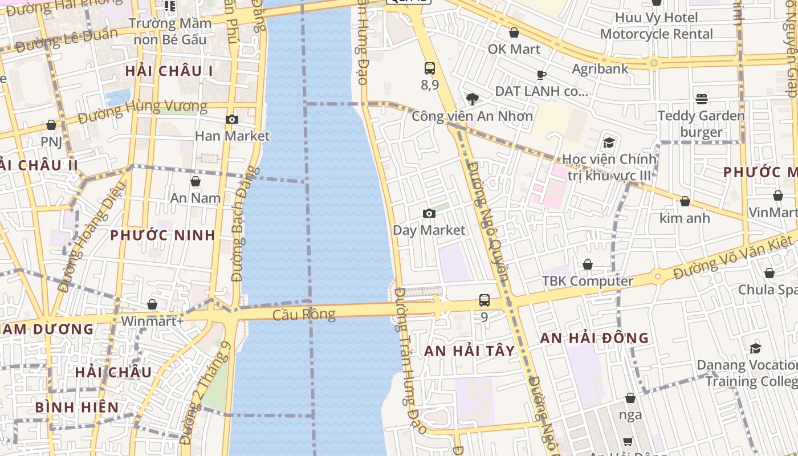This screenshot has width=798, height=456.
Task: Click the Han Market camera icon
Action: tap(231, 119)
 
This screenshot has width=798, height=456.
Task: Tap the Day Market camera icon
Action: tap(429, 214)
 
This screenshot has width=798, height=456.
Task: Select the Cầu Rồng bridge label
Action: tap(303, 315)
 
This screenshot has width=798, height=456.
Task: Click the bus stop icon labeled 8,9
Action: tap(430, 68)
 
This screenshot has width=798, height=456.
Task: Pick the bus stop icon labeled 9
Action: tap(484, 300)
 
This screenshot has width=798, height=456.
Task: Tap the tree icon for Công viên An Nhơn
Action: tap(472, 99)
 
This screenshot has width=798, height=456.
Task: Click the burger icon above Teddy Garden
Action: tap(702, 99)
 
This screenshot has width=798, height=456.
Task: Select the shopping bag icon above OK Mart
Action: tap(514, 32)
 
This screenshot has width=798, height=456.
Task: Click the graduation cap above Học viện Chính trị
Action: tap(609, 142)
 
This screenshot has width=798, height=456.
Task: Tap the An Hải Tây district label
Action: tap(470, 351)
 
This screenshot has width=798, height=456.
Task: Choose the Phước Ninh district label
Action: tap(162, 235)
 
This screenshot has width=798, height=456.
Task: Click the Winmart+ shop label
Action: tap(152, 321)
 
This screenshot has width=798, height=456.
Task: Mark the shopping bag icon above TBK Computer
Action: tap(587, 264)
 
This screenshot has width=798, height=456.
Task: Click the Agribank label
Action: tap(600, 69)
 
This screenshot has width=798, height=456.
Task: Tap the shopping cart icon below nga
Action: tap(628, 441)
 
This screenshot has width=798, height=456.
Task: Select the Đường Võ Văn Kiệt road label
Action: tap(734, 258)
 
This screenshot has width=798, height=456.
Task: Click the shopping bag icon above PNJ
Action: tap(51, 125)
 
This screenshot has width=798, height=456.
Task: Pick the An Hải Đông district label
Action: tap(595, 338)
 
